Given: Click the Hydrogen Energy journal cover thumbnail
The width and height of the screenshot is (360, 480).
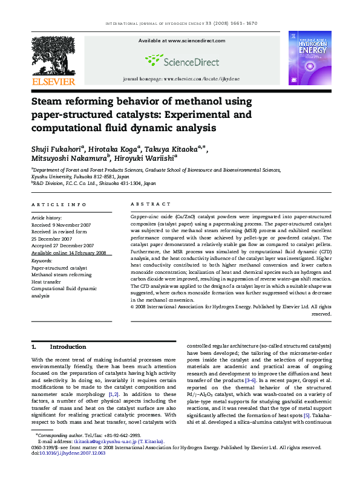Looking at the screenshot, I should pos(310,58).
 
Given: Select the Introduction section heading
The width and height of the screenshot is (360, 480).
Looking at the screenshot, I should pos(68,347).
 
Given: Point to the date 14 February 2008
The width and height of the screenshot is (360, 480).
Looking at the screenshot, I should pos(85,253).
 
